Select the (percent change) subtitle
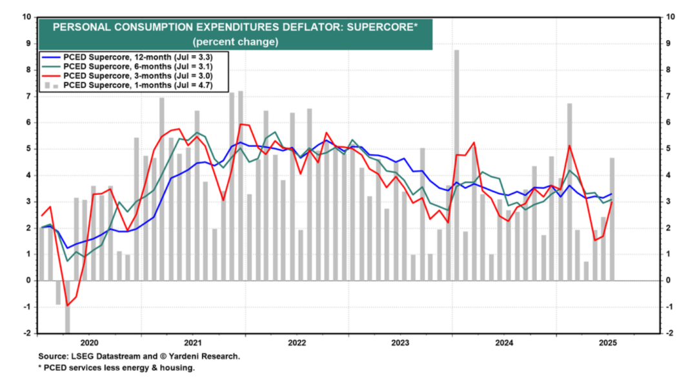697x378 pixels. pyautogui.click(x=235, y=42)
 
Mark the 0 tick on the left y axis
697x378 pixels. pyautogui.click(x=30, y=281)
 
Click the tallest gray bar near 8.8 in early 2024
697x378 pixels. pyautogui.click(x=456, y=161)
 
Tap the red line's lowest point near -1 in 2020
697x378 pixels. pyautogui.click(x=67, y=306)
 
